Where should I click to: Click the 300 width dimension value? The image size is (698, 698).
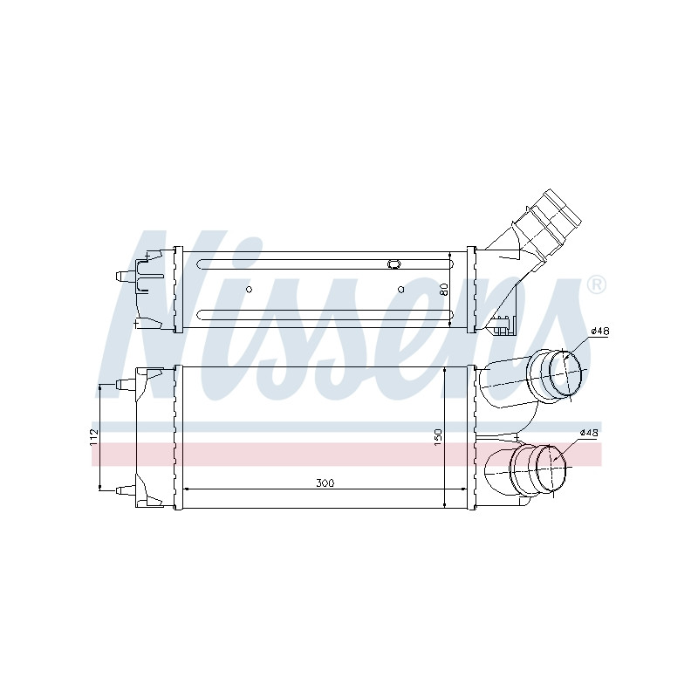325,482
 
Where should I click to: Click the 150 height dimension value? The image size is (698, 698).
438,437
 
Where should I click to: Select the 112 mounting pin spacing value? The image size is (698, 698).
93,437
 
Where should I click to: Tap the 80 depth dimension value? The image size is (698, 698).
443,290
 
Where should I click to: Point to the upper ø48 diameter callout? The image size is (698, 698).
599,332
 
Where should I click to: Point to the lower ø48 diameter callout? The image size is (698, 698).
589,432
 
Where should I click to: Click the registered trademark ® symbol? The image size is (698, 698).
597,285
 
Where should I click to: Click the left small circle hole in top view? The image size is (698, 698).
249,290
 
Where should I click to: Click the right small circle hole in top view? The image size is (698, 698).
400,290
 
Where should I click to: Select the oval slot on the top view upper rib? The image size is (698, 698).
394,264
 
